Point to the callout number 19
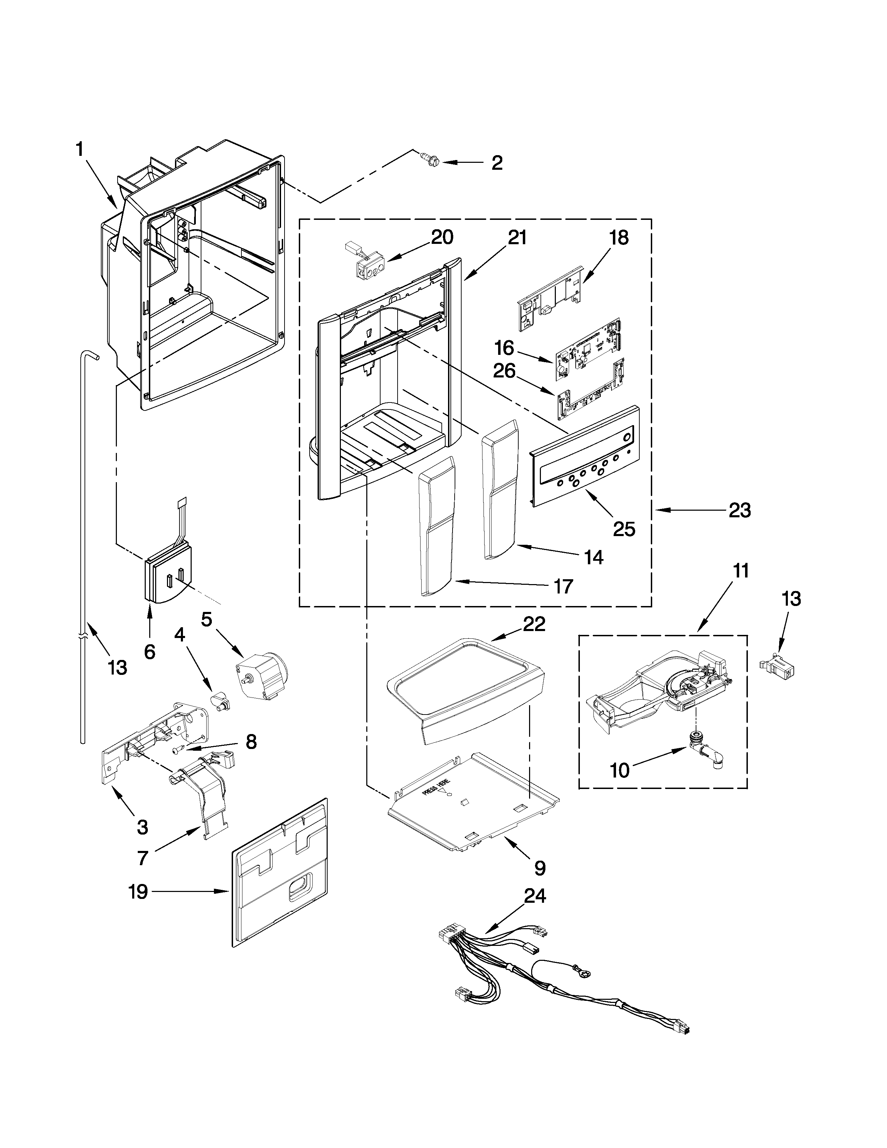pyautogui.click(x=138, y=892)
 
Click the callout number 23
pyautogui.click(x=740, y=510)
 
